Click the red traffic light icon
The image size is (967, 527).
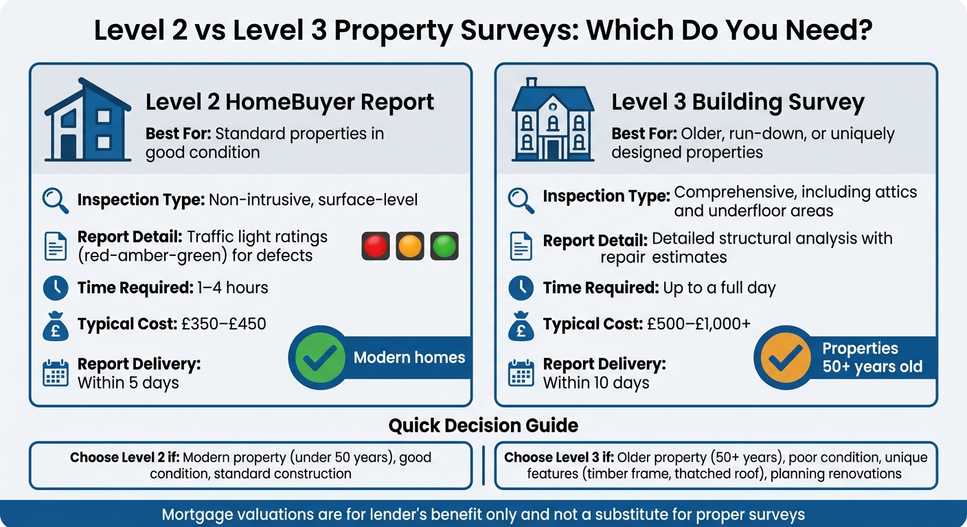tap(376, 246)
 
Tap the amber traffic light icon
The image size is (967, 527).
tap(410, 246)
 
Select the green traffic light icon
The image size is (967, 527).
tap(444, 246)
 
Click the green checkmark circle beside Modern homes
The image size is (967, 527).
tap(317, 358)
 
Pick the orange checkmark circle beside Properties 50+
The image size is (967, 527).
tap(784, 358)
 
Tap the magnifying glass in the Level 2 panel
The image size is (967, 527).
tap(56, 200)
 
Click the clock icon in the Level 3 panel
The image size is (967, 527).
tap(521, 288)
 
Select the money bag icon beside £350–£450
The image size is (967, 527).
tap(56, 325)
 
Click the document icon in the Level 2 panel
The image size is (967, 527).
tap(56, 246)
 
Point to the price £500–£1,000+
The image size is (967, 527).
tap(699, 324)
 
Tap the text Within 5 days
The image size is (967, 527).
tap(128, 382)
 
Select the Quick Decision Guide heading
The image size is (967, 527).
tap(483, 425)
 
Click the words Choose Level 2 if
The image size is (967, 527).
tap(124, 457)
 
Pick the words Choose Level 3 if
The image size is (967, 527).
tap(558, 457)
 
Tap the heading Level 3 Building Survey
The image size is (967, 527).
tap(738, 102)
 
